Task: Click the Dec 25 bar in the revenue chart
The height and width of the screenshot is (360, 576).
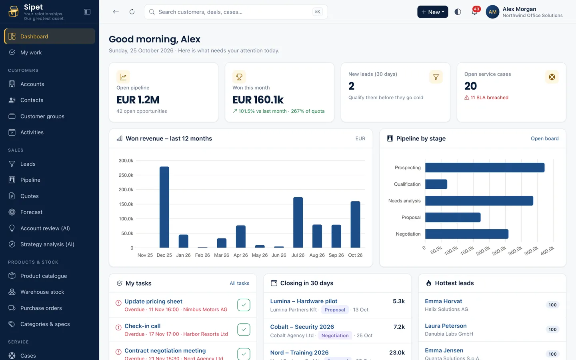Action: coord(164,207)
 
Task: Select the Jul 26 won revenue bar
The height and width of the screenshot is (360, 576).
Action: coord(298,222)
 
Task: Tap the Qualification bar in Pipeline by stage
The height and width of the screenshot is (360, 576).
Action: coord(436,184)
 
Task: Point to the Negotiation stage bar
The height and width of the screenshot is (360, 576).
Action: coord(467,234)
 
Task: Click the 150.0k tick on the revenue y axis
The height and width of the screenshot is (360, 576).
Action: coord(126,204)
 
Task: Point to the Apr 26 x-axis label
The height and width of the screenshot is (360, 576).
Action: coord(240,255)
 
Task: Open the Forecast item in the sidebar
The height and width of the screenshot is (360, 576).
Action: coord(31,212)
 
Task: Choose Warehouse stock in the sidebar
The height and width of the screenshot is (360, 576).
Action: coord(42,292)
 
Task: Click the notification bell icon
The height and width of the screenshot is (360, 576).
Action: coord(474,12)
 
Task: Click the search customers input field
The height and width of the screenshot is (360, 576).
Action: coord(236,12)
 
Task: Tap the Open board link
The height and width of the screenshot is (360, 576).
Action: coord(545,138)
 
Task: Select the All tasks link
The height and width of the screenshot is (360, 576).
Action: coord(239,283)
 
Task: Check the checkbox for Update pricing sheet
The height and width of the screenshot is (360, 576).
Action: coord(244,305)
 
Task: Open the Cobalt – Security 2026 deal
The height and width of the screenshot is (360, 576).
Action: coord(302,326)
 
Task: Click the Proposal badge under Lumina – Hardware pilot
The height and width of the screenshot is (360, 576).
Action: coord(335,310)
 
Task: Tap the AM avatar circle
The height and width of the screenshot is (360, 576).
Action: coord(492,12)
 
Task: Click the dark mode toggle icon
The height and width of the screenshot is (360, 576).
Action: coord(458,12)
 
